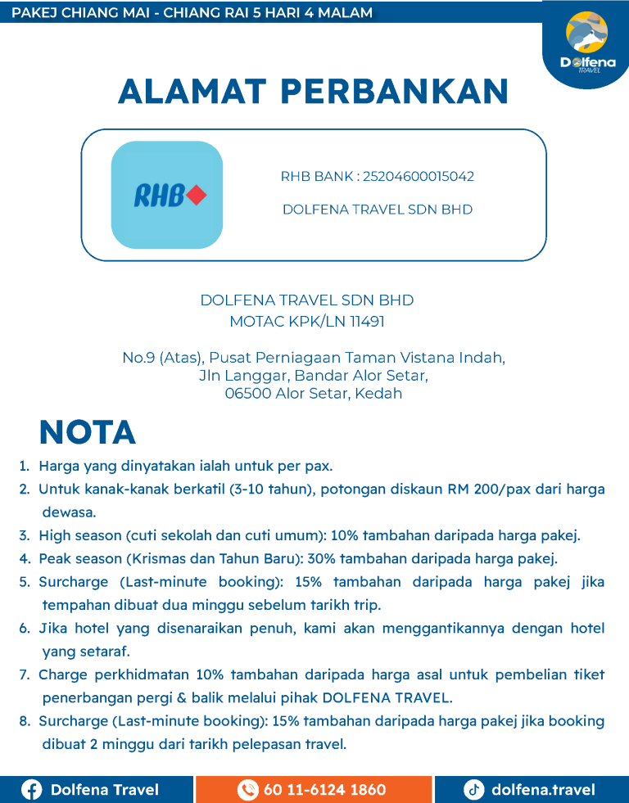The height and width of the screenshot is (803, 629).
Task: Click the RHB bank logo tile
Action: click(x=167, y=195)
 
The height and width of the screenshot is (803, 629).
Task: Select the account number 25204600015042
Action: click(x=418, y=177)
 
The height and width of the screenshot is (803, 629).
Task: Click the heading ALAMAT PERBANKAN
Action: click(x=314, y=91)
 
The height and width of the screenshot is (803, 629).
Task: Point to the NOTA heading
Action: click(x=88, y=432)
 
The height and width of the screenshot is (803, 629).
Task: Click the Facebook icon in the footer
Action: click(x=32, y=790)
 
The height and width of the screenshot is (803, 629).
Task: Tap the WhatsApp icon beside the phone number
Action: click(x=247, y=790)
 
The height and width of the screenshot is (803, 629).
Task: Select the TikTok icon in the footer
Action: click(x=473, y=790)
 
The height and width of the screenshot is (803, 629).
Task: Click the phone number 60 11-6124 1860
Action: click(x=324, y=790)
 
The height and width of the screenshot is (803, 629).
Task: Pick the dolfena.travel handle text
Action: click(x=543, y=790)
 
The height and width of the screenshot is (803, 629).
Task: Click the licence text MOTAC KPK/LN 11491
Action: click(x=307, y=322)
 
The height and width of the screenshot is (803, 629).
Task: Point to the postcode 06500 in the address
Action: click(x=245, y=394)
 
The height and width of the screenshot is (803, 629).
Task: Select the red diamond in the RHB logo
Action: click(x=196, y=196)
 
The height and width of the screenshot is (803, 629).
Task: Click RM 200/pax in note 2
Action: click(x=488, y=489)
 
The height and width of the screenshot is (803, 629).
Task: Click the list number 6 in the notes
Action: click(x=24, y=629)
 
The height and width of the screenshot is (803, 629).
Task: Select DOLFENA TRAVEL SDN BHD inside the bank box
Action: click(x=378, y=210)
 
